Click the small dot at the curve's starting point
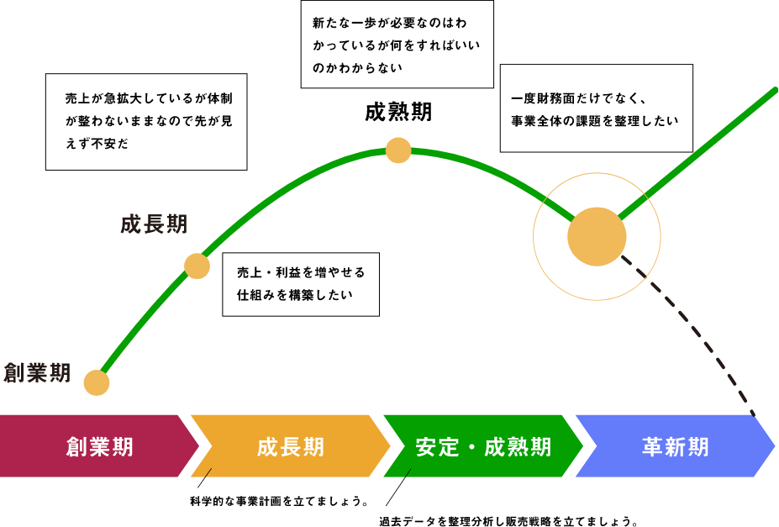click(x=97, y=382)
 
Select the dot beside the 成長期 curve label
click(x=197, y=266)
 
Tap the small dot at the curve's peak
click(x=398, y=150)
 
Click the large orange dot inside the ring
click(x=597, y=236)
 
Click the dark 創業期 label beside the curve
click(x=37, y=372)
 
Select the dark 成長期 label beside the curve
click(x=154, y=224)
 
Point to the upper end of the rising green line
click(x=774, y=89)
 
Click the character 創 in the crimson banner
click(x=77, y=446)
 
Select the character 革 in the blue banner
click(x=653, y=446)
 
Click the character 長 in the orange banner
click(x=291, y=446)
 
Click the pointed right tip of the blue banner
click(x=773, y=445)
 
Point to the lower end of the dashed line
click(x=753, y=412)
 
